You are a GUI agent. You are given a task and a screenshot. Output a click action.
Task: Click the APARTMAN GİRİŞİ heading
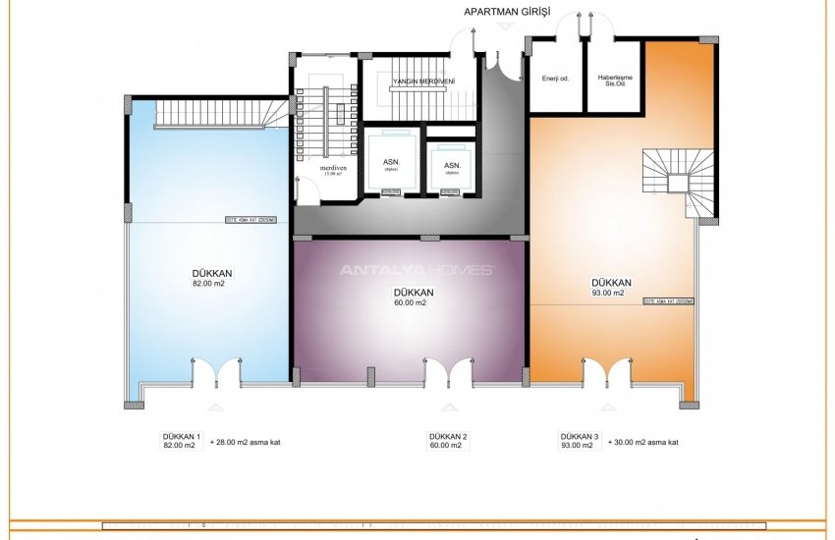507,12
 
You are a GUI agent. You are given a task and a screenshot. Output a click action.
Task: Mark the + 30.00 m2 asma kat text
643,443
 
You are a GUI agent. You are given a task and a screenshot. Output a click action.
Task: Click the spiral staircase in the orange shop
678,181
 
